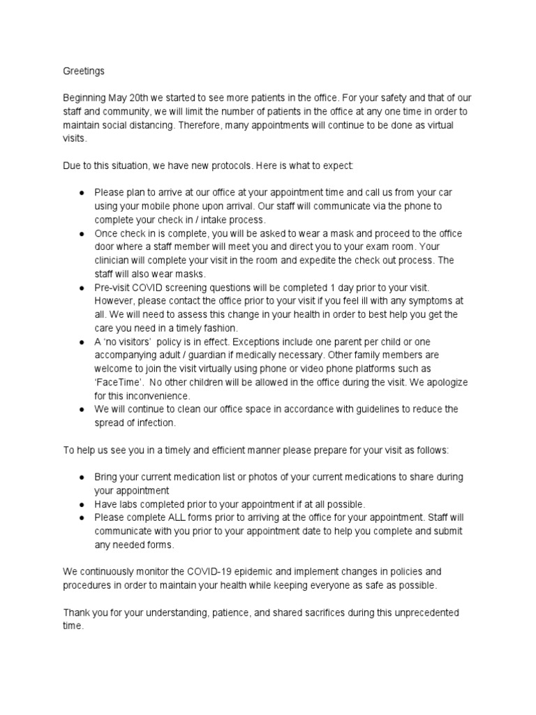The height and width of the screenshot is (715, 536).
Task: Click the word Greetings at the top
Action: [x=84, y=71]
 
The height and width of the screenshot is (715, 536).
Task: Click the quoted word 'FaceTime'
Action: [x=119, y=382]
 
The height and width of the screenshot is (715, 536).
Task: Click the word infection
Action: [x=154, y=422]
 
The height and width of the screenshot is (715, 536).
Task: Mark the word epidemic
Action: [x=291, y=571]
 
